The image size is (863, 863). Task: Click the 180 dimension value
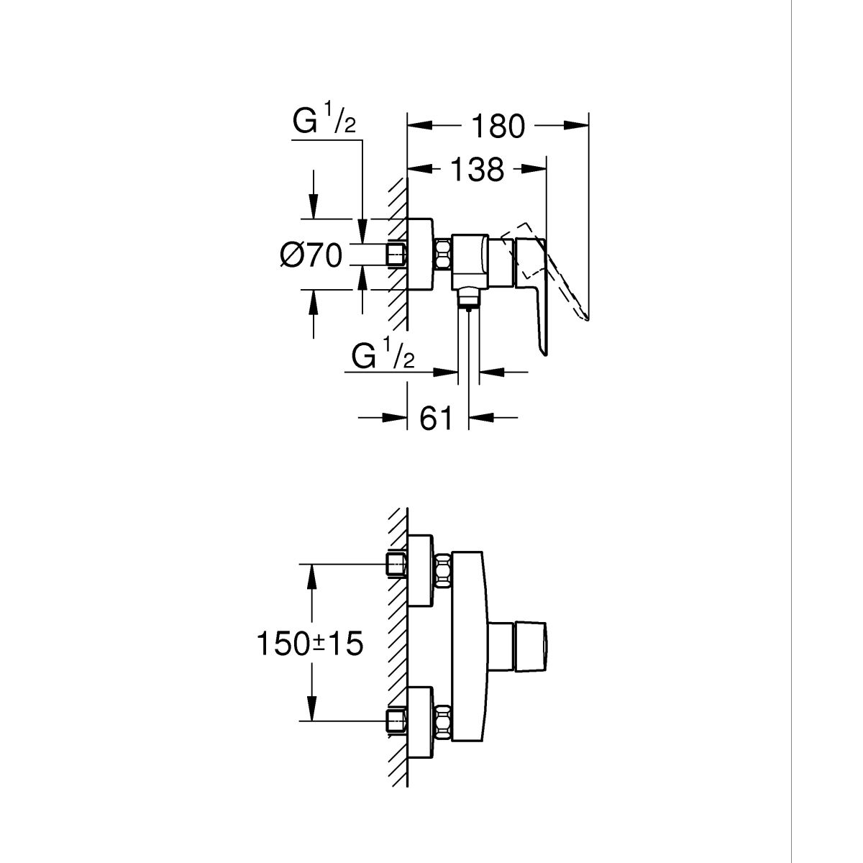pos(498,127)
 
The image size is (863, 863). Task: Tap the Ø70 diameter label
pos(311,255)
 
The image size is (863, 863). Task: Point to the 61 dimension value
pos(437,417)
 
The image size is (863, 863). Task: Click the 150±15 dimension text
pos(309,643)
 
